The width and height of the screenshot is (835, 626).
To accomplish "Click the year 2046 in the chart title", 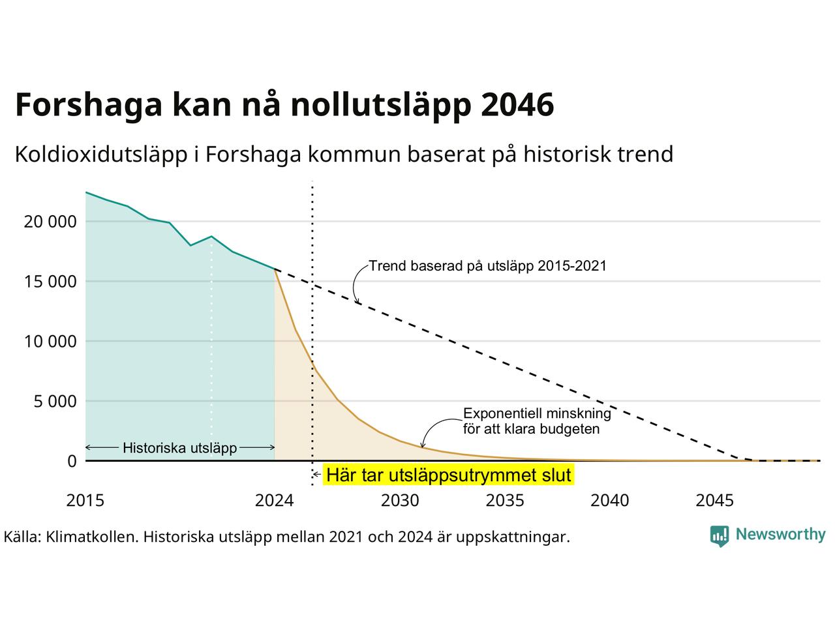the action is click(x=517, y=104).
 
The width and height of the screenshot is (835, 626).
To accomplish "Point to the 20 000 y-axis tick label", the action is click(x=50, y=222).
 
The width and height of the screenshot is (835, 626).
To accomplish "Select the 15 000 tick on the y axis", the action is click(x=50, y=282).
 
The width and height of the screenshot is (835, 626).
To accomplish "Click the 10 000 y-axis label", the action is click(x=50, y=341).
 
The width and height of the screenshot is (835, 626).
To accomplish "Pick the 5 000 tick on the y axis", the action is click(x=55, y=402).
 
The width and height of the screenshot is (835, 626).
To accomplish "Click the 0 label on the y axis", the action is click(x=72, y=461).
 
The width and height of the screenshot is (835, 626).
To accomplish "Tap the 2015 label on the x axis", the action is click(x=85, y=500).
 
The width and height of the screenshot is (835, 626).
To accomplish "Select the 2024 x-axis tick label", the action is click(x=274, y=500).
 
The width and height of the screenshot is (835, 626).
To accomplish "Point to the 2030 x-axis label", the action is click(x=400, y=500).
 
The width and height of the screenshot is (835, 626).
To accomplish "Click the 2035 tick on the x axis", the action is click(x=505, y=500).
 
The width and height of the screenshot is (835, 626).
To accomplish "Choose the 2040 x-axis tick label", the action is click(x=610, y=500).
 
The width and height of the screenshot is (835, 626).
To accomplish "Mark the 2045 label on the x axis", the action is click(x=715, y=500).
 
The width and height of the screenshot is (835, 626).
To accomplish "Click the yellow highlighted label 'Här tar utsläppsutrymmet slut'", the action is click(x=449, y=475).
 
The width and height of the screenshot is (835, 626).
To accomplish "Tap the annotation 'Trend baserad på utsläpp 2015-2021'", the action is click(x=488, y=266).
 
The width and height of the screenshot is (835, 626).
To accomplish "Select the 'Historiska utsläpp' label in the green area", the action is click(x=180, y=448).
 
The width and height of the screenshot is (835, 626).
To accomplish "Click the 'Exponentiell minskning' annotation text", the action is click(x=537, y=413).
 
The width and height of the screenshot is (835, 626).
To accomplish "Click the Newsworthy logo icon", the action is click(x=720, y=536).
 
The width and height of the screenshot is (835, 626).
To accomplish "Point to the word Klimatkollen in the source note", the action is click(x=93, y=537).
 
